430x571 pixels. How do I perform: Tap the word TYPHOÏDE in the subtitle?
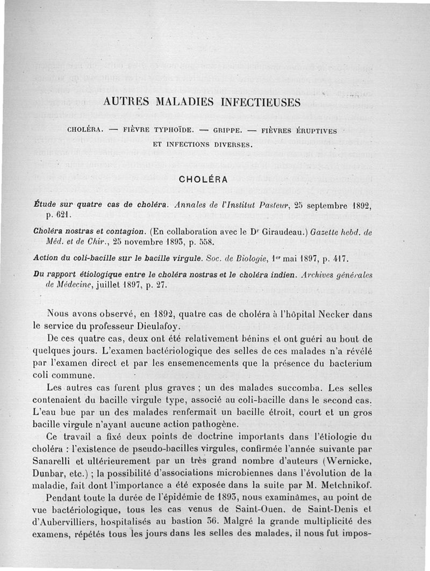tap(161, 131)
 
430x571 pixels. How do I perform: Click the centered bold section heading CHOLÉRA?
tap(203, 179)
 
